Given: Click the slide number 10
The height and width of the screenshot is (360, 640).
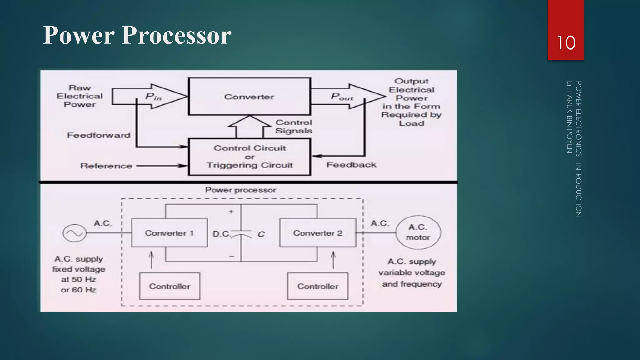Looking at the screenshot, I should point(566,43).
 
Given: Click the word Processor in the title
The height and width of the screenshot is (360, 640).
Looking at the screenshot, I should point(177,35).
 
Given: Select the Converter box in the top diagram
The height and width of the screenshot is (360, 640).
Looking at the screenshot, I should point(249,97).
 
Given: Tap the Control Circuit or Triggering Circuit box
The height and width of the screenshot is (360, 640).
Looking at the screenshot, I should point(250,157).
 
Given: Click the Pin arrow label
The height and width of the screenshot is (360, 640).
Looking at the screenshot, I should point(153,97).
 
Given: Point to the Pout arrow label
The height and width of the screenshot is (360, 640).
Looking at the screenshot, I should point(342,97).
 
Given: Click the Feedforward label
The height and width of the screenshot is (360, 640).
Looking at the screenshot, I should point(99,135).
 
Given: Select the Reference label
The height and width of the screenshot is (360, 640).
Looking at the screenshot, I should point(106,166).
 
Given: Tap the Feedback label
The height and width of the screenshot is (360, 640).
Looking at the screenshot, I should point(351,165).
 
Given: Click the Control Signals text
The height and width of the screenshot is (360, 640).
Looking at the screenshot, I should point(294,127).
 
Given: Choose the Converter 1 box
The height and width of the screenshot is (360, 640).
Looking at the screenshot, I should point(169,233).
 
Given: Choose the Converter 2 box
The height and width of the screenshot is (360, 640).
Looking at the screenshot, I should point(317,233).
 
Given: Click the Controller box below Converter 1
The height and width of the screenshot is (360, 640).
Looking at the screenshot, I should point(169,286).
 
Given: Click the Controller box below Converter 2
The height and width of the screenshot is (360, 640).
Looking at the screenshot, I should point(317,286).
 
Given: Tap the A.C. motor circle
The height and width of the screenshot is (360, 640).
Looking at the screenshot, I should point(418,232).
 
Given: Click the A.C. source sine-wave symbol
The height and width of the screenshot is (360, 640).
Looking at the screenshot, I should point(74,233).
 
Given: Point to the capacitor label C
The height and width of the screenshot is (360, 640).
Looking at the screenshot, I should point(261,234).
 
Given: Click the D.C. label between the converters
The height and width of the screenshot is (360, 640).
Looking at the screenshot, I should point(221,234).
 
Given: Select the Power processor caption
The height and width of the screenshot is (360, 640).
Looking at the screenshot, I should point(241,190).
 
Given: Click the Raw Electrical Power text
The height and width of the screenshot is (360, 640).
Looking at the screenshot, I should point(80,96).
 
